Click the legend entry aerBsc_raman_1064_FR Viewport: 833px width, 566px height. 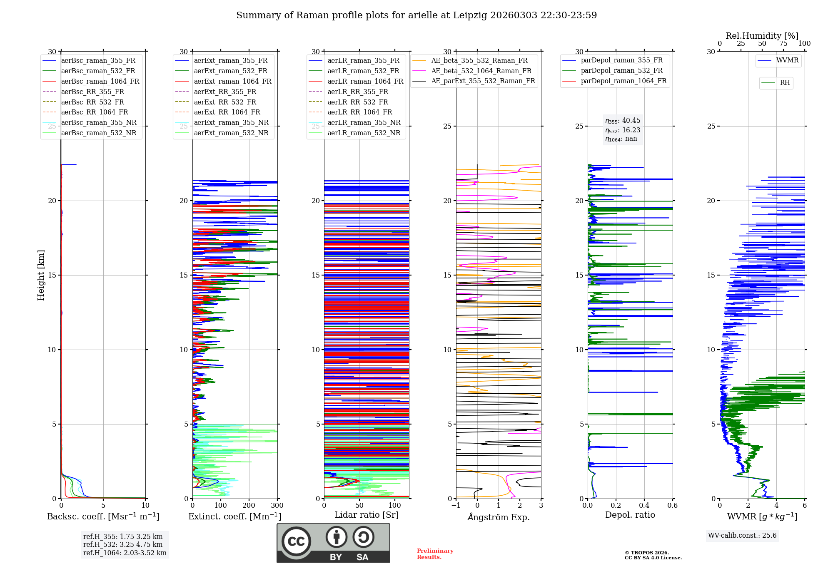tap(100, 82)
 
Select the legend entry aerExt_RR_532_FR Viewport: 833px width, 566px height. tap(225, 102)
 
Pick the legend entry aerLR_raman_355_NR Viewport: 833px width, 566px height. tap(364, 123)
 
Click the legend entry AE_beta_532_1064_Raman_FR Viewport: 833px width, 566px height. tap(481, 71)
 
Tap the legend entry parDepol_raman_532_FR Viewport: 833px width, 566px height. tap(621, 71)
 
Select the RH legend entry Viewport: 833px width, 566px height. tap(785, 83)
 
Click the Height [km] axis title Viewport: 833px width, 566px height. tap(41, 275)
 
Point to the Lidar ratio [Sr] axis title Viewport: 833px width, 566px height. tap(367, 515)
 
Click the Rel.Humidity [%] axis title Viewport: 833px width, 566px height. tap(762, 36)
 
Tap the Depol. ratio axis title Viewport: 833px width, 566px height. tap(630, 515)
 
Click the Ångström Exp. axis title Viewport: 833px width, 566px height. tap(499, 517)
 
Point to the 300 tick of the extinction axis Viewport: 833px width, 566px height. tap(277, 506)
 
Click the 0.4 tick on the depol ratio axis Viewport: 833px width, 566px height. tap(644, 506)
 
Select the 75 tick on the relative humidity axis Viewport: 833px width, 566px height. tap(783, 44)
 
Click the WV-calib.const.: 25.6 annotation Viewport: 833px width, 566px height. tap(742, 536)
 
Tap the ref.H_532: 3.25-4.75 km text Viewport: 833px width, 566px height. tap(123, 545)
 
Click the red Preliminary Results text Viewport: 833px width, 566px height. tap(435, 554)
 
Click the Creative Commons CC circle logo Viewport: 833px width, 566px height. tap(296, 541)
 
